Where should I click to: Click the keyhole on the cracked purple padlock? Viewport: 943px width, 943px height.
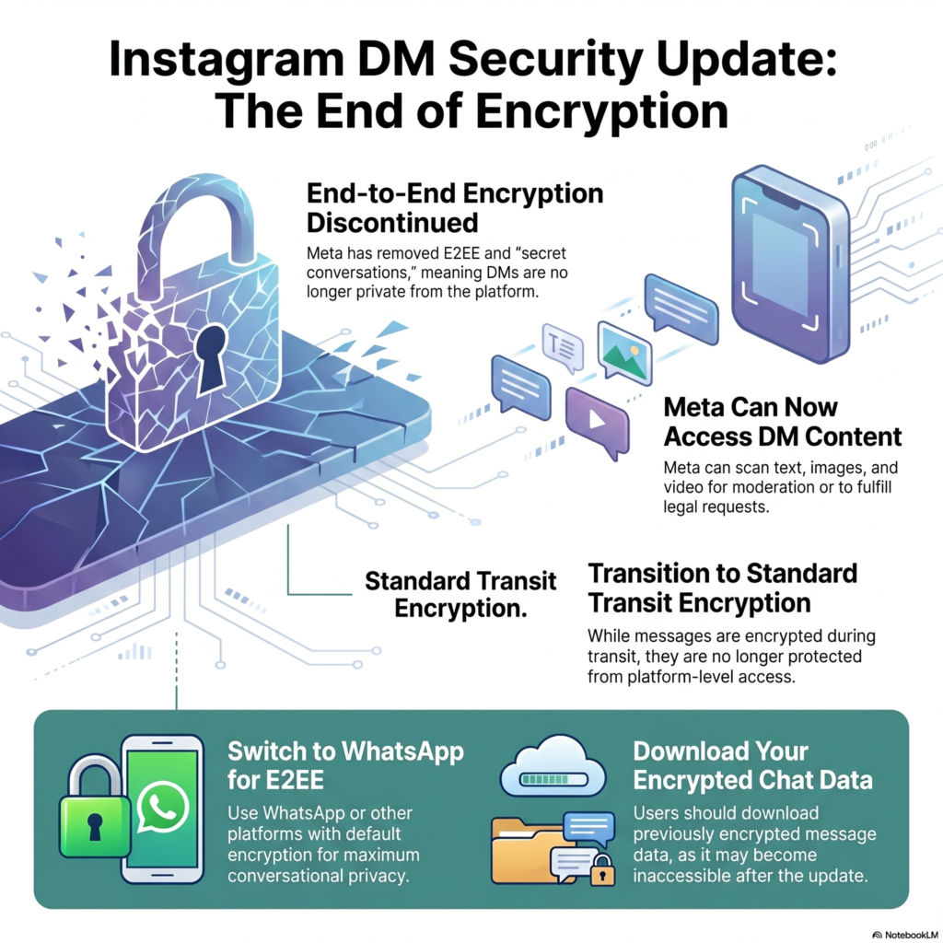coord(211,356)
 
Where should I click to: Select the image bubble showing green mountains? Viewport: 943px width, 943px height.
coord(625,353)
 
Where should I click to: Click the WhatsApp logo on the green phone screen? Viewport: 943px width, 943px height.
coord(162,808)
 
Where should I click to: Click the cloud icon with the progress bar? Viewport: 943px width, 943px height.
coord(553,767)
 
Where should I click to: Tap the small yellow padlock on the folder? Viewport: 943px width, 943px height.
coord(602,870)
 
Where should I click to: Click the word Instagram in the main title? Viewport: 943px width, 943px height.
coord(227,61)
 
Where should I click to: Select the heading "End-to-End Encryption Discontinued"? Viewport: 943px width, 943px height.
coord(455,208)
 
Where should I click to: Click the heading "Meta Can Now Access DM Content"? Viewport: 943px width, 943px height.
coord(783,422)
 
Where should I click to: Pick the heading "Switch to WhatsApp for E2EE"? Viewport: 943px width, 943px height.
coord(346,765)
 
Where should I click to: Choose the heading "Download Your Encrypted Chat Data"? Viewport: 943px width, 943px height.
coord(752,765)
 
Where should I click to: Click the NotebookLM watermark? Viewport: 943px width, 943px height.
coord(906,936)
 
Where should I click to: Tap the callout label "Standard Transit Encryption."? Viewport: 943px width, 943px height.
coord(460,595)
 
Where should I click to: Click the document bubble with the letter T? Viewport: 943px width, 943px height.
coord(563,347)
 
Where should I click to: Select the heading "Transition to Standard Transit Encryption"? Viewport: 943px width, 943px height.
coord(722,588)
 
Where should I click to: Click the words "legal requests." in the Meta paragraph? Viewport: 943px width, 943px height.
coord(716,507)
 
